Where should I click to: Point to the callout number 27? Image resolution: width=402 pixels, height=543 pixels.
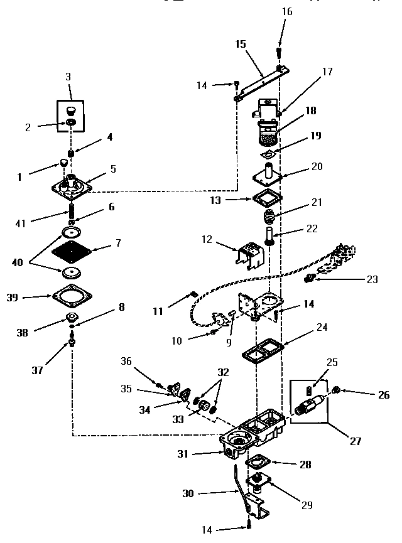(356, 441)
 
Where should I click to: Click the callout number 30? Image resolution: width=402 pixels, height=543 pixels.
(188, 493)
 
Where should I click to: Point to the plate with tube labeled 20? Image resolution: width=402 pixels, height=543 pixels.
(268, 176)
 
